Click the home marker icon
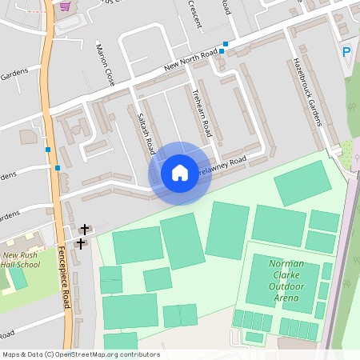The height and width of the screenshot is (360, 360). click(180, 172)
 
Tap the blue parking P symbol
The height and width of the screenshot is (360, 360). click(346, 52)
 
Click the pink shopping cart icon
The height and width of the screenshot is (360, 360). click(65, 6)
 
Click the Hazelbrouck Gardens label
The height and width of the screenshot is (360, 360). click(308, 91)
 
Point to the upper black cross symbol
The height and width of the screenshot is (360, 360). click(85, 229)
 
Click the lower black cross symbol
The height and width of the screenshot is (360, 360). click(80, 242)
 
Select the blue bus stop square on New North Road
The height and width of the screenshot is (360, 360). click(225, 44)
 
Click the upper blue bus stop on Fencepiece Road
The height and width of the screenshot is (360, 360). click(49, 150)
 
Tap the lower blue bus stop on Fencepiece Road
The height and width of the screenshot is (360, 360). click(58, 168)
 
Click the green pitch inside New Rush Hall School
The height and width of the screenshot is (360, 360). click(18, 278)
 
